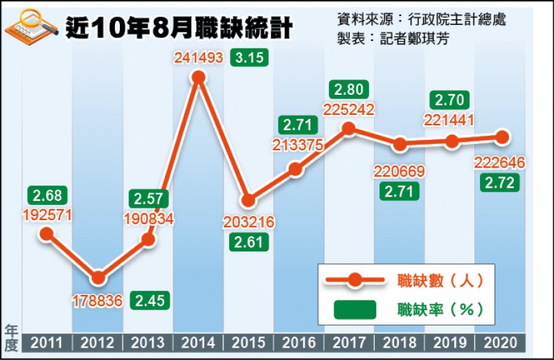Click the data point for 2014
point(199,78)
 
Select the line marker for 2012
point(98,278)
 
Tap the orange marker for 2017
point(349,128)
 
